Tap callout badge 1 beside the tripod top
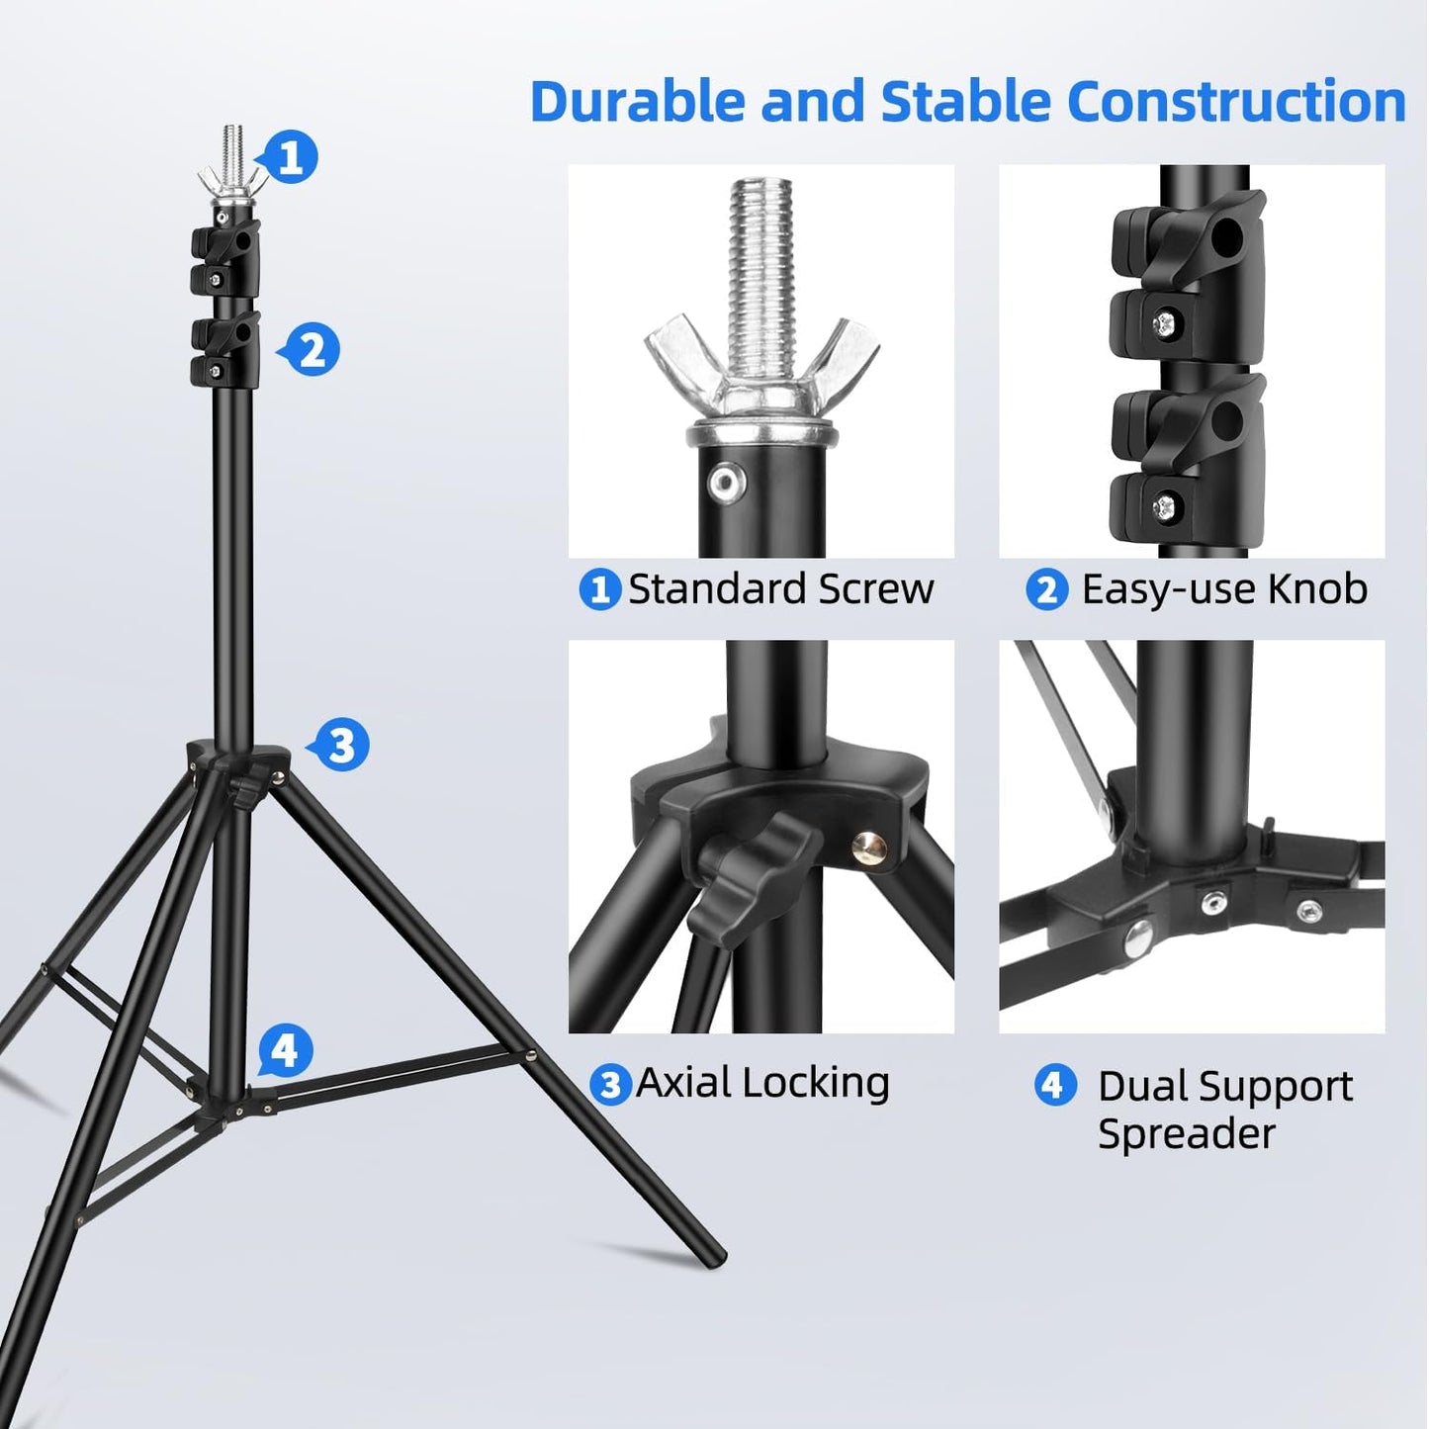click(291, 157)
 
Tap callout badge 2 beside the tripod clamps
click(313, 350)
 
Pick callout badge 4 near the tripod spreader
click(286, 1050)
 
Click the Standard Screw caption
click(780, 589)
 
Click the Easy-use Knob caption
click(1223, 589)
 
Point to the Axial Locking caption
click(762, 1082)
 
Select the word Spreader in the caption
click(1186, 1133)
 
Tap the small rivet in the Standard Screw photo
click(724, 481)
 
